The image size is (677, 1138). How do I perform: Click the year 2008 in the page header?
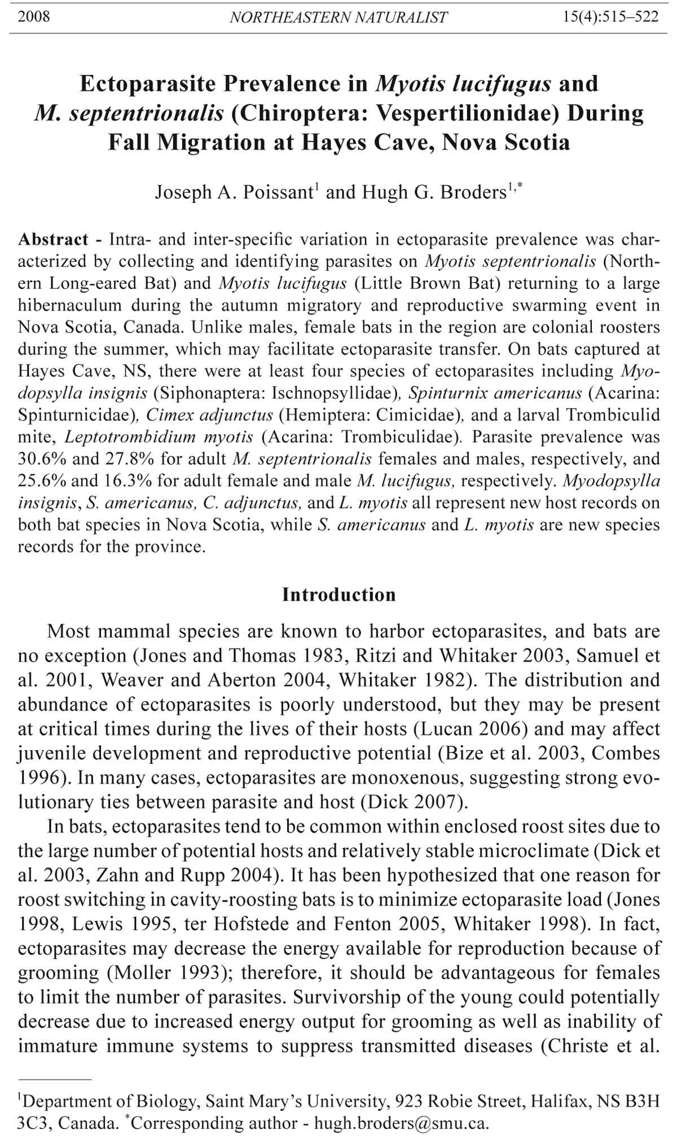(x=34, y=16)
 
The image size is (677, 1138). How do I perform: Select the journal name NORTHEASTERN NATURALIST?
(x=338, y=17)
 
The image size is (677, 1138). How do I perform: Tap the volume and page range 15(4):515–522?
(x=610, y=16)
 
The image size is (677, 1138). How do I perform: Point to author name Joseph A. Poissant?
(x=233, y=192)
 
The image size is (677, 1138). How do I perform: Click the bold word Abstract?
(x=53, y=239)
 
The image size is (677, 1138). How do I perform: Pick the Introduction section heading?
(x=339, y=595)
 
